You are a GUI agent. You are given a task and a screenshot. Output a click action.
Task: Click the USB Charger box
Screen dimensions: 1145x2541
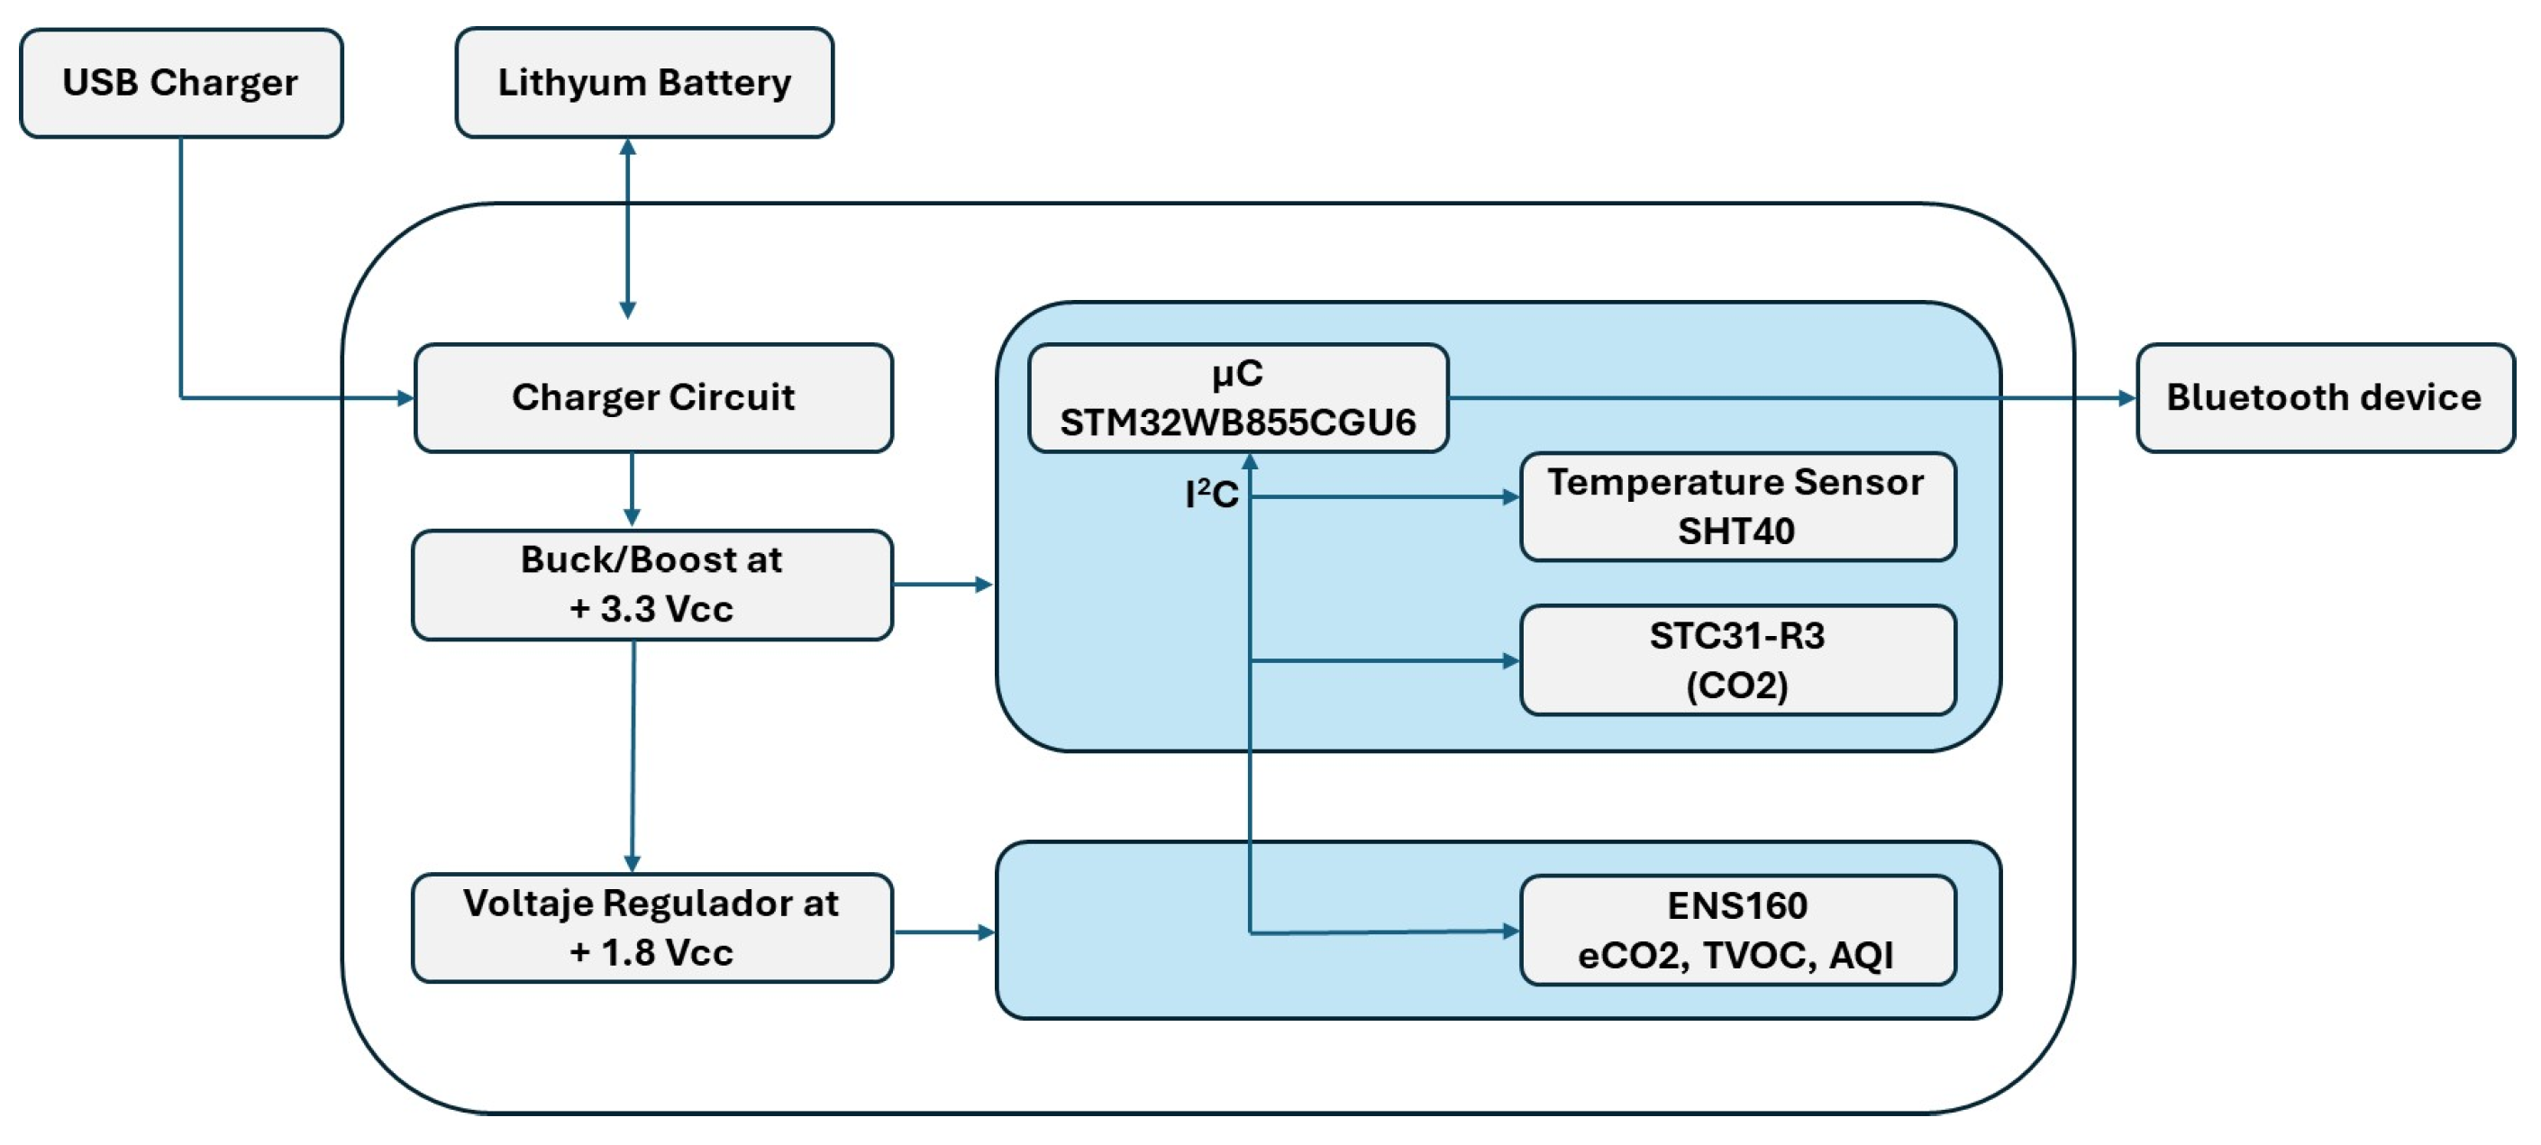[x=180, y=83]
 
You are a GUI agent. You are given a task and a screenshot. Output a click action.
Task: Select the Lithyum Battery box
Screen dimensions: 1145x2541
[x=644, y=83]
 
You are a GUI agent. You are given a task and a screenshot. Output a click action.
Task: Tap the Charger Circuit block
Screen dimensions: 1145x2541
[x=653, y=397]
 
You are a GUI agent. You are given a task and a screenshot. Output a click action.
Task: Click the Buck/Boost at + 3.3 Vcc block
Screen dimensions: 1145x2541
[x=652, y=585]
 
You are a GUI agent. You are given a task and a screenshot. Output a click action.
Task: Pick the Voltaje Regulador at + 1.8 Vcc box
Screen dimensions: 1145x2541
[x=652, y=928]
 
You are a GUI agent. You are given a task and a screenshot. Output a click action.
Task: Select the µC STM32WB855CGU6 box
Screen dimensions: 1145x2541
[x=1238, y=397]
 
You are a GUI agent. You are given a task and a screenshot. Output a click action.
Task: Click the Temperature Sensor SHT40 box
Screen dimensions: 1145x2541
[x=1737, y=507]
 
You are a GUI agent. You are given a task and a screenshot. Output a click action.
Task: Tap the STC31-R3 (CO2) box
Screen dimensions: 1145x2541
[x=1737, y=659]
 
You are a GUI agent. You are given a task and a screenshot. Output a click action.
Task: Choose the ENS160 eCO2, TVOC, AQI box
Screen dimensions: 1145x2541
[x=1737, y=930]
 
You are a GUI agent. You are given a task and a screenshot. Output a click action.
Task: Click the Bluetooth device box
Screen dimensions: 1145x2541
[x=2325, y=397]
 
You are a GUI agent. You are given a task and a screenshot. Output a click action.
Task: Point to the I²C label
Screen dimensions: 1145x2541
[x=1211, y=494]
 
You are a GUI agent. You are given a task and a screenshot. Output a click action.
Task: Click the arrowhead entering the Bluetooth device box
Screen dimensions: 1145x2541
[x=2127, y=398]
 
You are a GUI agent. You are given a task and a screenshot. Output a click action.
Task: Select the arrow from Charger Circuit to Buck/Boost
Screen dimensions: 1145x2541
[x=633, y=490]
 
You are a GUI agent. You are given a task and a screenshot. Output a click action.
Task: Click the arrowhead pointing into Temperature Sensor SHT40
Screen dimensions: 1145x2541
[x=1510, y=497]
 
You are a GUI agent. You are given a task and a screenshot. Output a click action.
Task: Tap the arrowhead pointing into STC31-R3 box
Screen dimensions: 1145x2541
[x=1510, y=660]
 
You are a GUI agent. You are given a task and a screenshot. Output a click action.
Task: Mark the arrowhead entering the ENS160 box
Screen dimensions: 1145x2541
[x=1510, y=931]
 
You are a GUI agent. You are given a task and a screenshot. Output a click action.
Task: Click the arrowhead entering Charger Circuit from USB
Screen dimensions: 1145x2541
[x=405, y=398]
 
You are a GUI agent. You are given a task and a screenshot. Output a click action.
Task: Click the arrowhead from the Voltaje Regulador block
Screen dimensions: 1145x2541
[x=985, y=932]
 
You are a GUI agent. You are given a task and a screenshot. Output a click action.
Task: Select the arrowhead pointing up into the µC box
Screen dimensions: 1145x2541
[x=1250, y=461]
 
